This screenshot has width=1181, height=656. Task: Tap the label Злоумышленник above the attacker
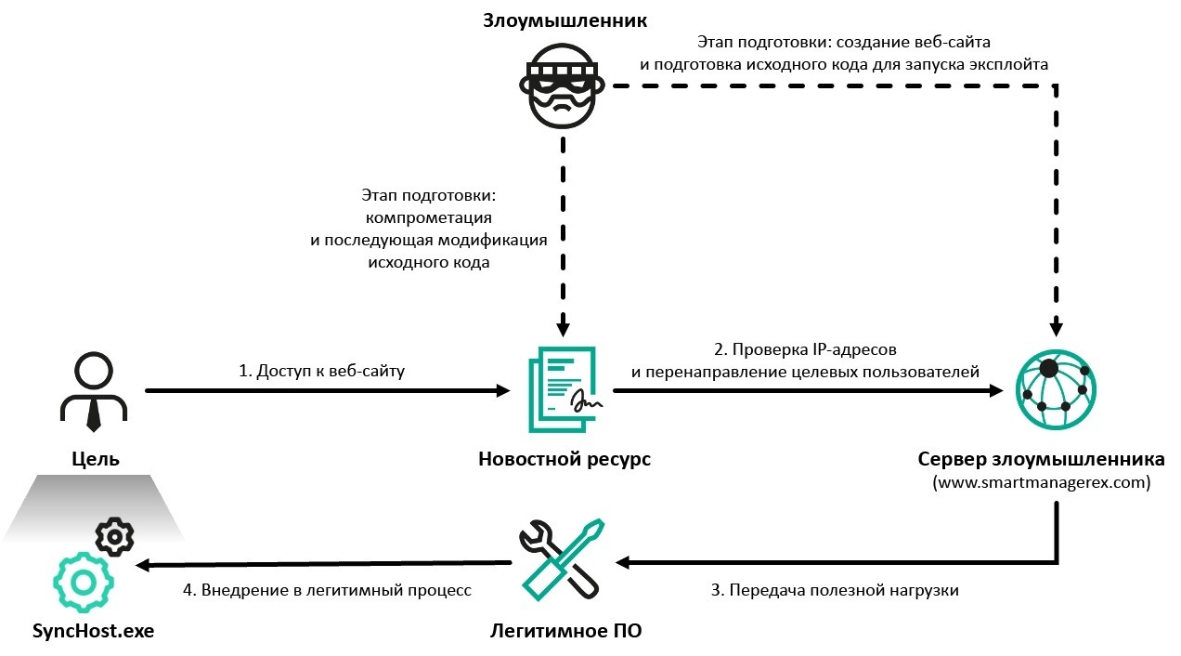564,20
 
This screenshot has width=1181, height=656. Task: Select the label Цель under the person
96,458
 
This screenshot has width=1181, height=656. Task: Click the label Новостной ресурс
564,459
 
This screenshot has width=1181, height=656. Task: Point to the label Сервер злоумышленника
1041,460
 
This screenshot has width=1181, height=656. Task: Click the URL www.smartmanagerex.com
1041,483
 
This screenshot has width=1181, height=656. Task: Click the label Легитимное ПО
565,632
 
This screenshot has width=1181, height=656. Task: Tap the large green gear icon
83,582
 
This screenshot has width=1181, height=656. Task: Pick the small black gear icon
115,536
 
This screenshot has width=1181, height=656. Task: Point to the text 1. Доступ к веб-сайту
322,371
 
